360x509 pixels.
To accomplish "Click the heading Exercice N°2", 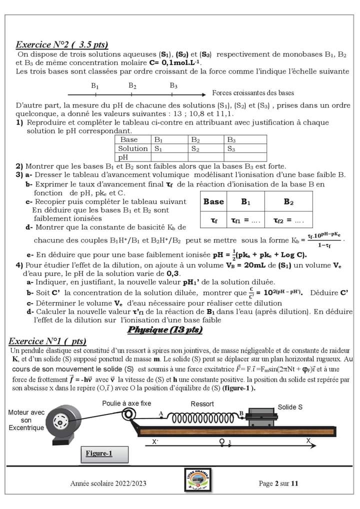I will click(x=62, y=44).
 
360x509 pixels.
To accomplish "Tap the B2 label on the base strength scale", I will click(x=132, y=86).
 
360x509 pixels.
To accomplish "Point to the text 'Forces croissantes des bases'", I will click(x=253, y=93).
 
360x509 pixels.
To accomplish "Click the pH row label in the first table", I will click(x=123, y=157).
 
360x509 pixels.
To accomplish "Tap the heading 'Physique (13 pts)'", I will click(x=165, y=329).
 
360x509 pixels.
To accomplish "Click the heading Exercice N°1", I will click(x=48, y=341).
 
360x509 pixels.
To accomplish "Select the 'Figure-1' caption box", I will click(x=99, y=453).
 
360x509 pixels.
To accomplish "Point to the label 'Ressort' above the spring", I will click(x=202, y=404).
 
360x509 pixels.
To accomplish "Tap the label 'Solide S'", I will click(x=290, y=407).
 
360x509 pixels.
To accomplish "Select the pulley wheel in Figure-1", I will click(x=129, y=414).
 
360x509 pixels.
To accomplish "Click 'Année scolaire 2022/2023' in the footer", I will click(x=108, y=483).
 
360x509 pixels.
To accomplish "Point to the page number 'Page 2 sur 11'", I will click(x=278, y=483).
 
